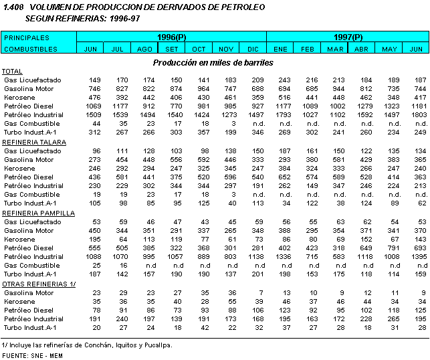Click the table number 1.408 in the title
(13, 7)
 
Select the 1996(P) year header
(171, 37)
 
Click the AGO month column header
(145, 49)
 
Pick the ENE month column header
(281, 49)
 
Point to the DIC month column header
(253, 49)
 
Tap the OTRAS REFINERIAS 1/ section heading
(39, 284)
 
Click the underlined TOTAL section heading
(12, 72)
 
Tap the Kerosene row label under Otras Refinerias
(19, 301)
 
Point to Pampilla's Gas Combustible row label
(31, 265)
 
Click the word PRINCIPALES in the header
(27, 37)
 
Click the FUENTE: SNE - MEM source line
(34, 356)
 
